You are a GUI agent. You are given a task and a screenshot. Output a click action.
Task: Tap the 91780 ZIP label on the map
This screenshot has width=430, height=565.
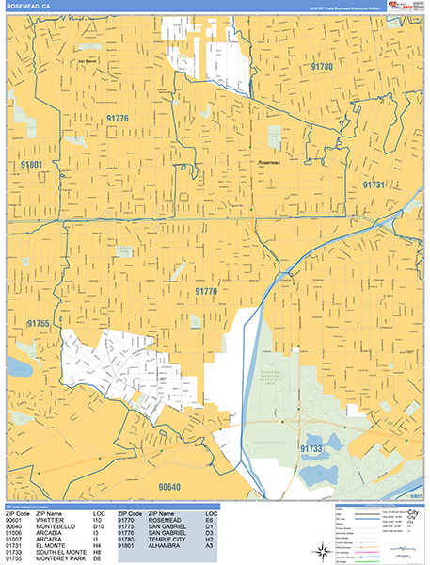point(322,67)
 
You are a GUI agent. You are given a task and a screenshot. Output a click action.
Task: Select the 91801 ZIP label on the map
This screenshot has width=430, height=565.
point(31,165)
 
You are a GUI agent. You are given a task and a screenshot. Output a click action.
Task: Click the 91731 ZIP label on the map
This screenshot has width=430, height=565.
point(374,186)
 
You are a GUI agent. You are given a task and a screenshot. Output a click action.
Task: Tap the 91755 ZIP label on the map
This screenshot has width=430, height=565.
point(38,323)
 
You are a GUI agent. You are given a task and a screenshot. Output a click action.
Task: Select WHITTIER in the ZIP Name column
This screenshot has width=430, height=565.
point(47,517)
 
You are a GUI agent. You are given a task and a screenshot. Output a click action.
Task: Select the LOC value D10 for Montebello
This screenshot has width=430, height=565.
point(97,524)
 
